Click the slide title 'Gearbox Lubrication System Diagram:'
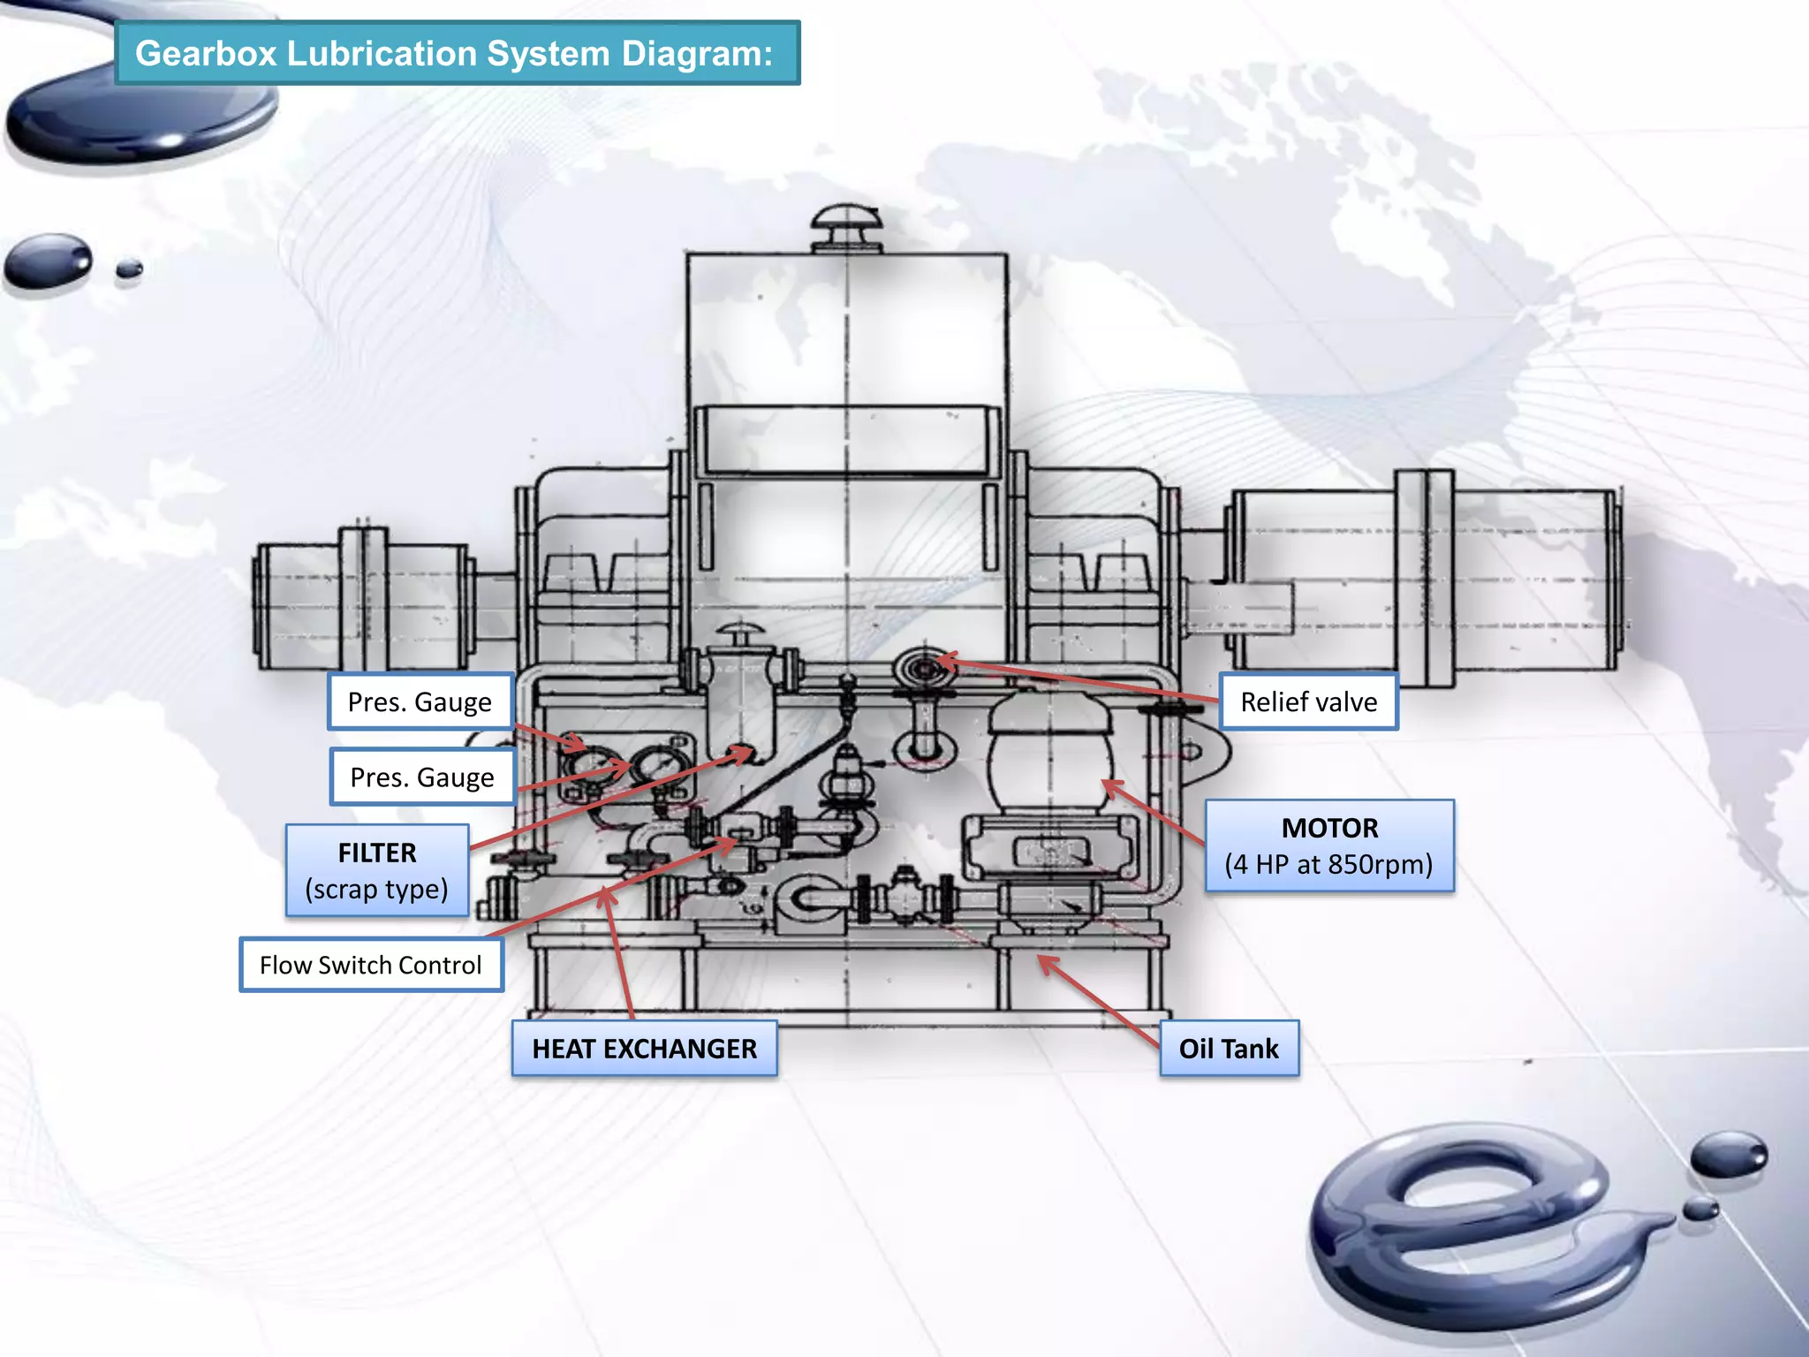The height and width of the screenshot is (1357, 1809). click(x=456, y=53)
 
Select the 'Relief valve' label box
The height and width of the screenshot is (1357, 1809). click(x=1308, y=701)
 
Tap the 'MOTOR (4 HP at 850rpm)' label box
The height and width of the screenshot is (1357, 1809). click(x=1329, y=846)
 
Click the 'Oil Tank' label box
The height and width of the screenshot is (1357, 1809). click(x=1229, y=1049)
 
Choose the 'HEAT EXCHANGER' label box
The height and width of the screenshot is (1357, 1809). click(x=644, y=1049)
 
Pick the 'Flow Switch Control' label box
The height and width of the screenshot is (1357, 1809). click(x=371, y=965)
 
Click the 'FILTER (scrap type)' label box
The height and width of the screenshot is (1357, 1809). click(x=377, y=870)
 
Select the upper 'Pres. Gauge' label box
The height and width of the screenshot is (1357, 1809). click(x=420, y=701)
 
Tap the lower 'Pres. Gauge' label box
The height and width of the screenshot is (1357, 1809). click(x=422, y=777)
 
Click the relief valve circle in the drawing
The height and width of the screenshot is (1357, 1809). click(x=924, y=670)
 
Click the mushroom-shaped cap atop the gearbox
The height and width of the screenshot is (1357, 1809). click(x=846, y=225)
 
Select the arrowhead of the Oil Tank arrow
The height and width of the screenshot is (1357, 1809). click(x=1042, y=960)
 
